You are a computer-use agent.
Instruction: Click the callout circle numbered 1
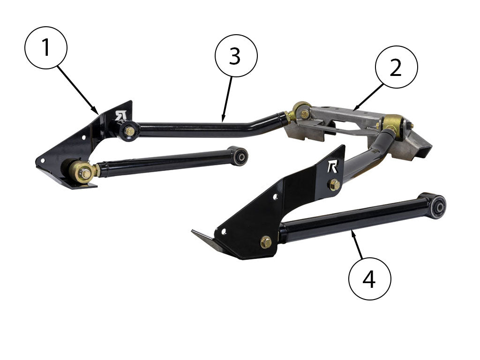pos(46,48)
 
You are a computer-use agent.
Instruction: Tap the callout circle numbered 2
pos(397,67)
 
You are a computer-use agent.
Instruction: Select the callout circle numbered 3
pos(236,56)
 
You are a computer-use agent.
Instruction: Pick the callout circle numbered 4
pos(369,278)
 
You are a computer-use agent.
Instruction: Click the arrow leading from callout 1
pos(77,90)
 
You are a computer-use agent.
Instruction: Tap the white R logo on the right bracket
pos(332,167)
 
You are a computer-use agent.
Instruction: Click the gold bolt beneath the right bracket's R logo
pos(334,185)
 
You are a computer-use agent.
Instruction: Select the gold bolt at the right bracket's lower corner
pos(266,242)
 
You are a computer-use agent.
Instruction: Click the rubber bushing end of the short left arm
pos(239,156)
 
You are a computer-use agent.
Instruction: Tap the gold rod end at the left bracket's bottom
pos(82,172)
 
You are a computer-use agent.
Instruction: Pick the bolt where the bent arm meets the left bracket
pos(130,132)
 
